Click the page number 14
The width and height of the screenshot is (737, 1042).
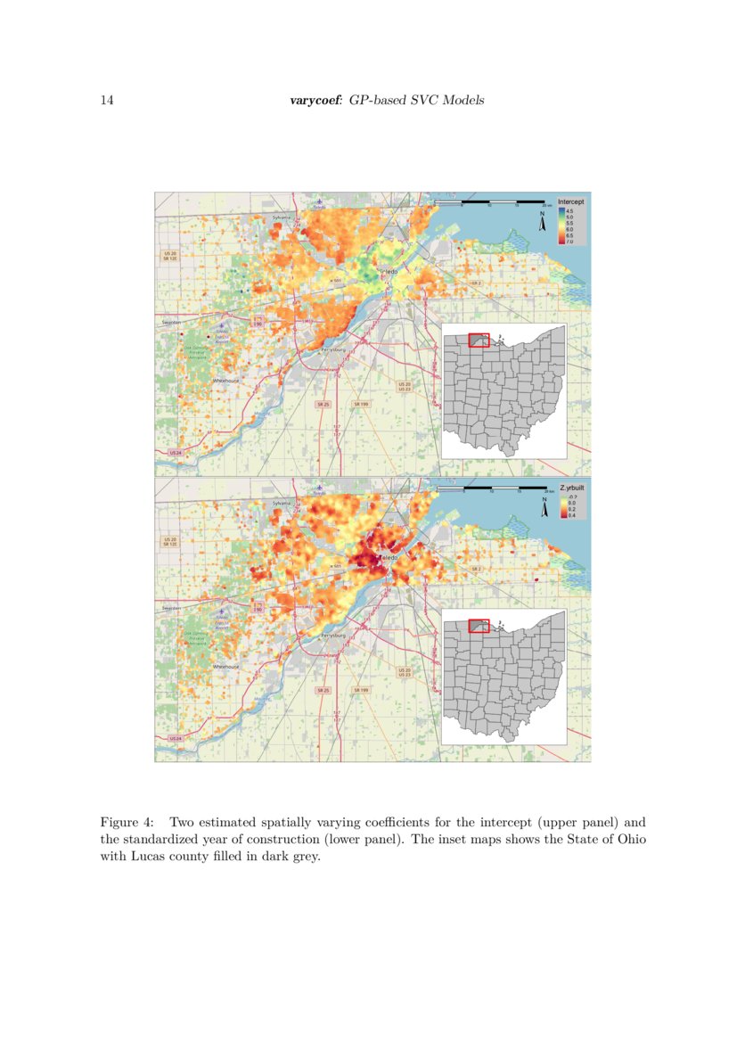coord(106,100)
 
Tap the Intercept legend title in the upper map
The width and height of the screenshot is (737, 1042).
coord(570,201)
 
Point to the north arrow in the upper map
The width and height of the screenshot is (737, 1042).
coord(542,223)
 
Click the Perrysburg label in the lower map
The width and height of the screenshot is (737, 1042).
coord(332,636)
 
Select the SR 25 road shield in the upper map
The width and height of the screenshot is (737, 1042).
coord(322,404)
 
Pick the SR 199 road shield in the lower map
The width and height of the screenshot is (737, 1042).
coord(360,690)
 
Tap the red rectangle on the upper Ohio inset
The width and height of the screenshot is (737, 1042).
coord(479,340)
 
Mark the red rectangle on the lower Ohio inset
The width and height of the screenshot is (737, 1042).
coord(479,626)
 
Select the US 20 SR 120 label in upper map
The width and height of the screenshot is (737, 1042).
coord(170,256)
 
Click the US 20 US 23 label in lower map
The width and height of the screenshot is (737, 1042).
coord(404,672)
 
